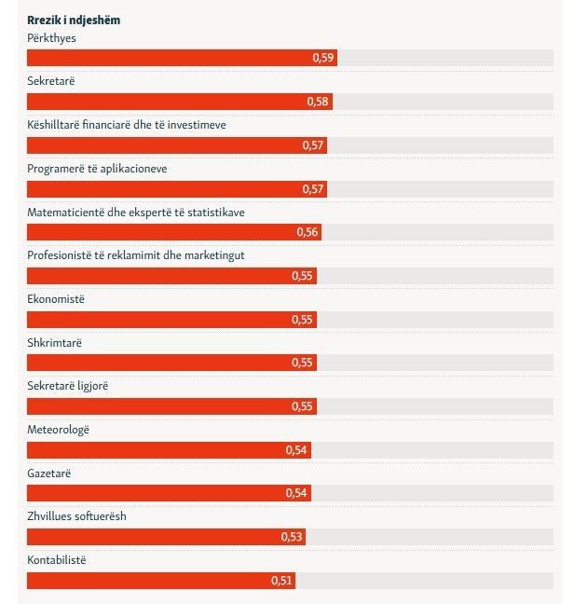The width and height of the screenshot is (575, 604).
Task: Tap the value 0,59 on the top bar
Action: coord(322,58)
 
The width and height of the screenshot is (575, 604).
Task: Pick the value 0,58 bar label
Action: coord(318,102)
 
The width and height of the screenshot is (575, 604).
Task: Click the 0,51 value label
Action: coord(281,581)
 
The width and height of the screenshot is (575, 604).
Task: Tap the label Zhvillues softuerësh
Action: coord(76,516)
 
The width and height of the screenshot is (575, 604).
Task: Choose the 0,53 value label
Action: coord(292,537)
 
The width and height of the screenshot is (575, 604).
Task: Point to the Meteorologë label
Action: coord(58,430)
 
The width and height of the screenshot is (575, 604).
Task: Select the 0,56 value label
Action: coord(308,232)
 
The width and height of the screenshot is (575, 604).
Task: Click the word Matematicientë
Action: coord(71,212)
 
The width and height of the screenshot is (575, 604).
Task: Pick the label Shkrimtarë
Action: coord(55,342)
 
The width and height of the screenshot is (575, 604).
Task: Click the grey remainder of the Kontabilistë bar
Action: coord(424,581)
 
